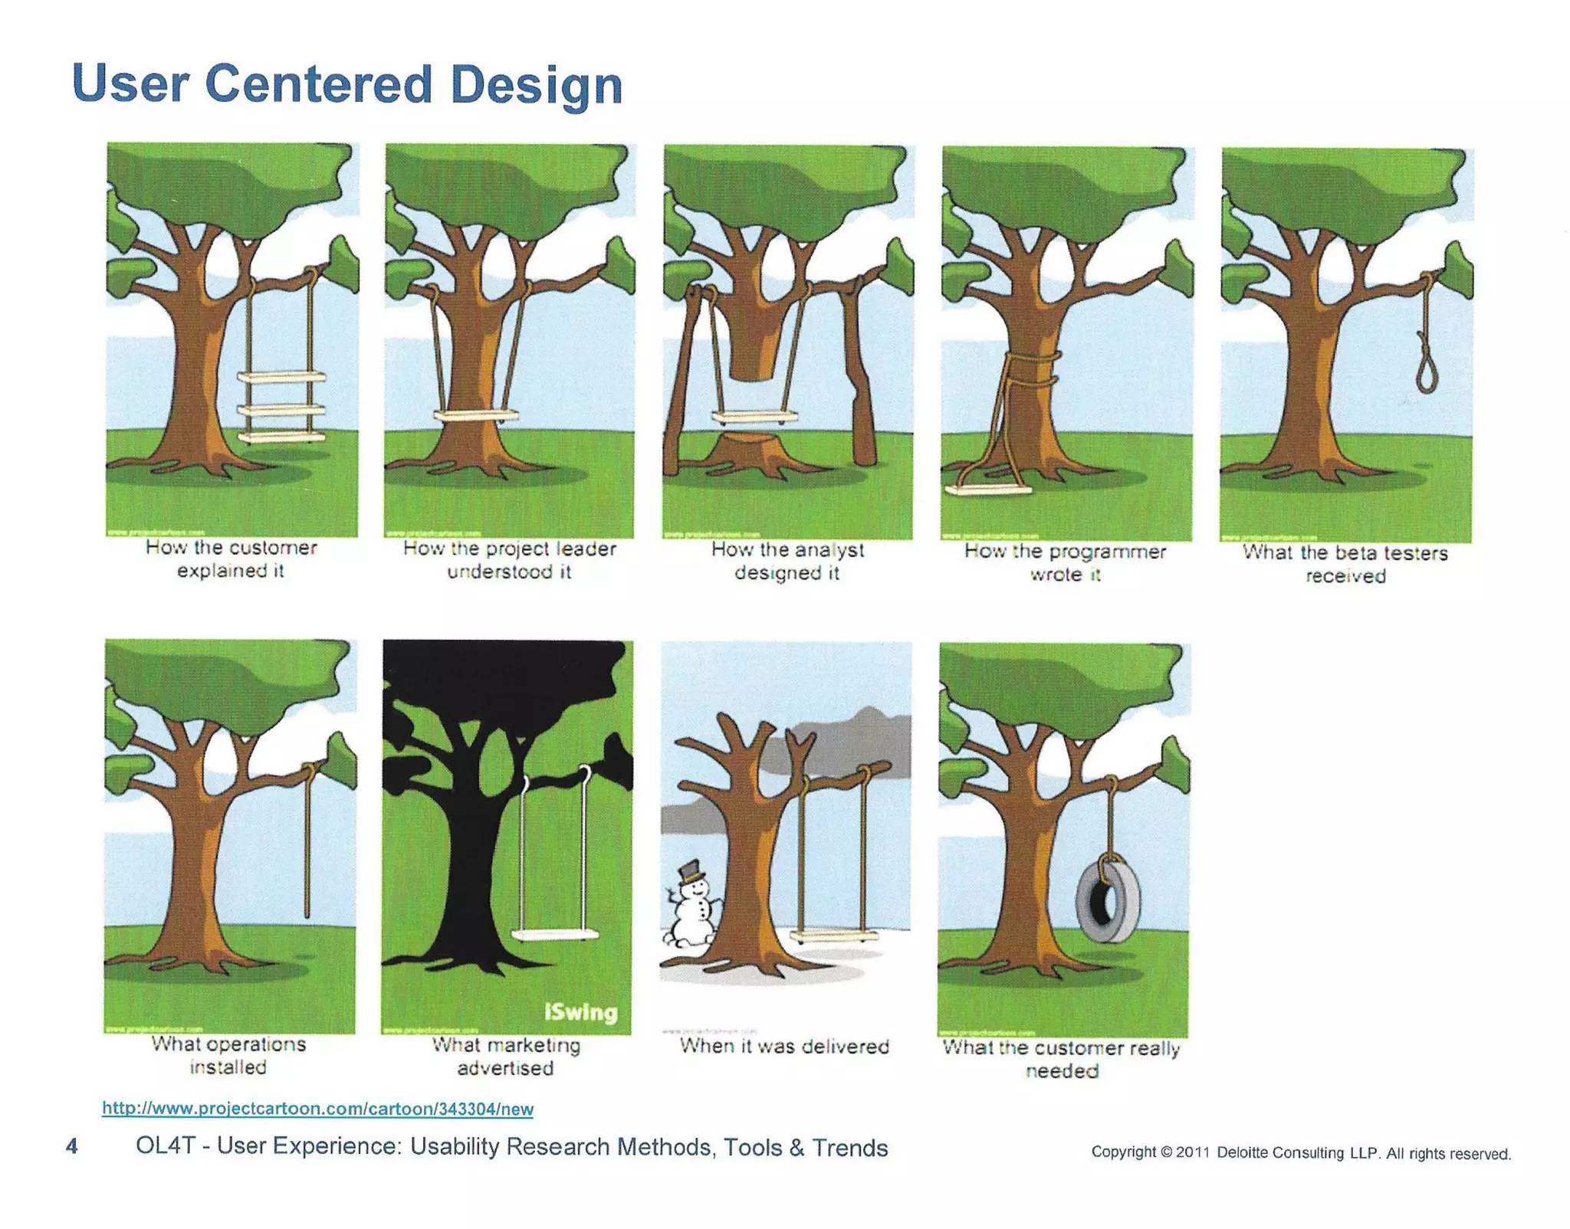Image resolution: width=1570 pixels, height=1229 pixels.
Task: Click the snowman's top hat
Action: (691, 870)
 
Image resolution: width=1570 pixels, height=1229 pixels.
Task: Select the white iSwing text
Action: (581, 1012)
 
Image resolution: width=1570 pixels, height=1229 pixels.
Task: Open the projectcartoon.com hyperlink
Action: (317, 1108)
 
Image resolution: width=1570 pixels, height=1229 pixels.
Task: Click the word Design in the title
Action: (537, 85)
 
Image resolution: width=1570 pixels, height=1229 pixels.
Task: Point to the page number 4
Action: (72, 1146)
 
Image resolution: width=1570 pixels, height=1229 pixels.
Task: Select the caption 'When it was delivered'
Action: (784, 1047)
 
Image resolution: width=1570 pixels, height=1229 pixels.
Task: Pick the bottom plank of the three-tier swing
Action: (281, 437)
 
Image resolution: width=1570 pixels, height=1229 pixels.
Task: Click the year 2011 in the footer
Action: (1193, 1152)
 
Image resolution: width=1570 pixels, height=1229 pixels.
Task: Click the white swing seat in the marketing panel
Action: (555, 935)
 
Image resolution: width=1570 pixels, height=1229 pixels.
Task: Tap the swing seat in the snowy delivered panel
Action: (834, 935)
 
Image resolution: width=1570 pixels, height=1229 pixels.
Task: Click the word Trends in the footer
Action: (849, 1147)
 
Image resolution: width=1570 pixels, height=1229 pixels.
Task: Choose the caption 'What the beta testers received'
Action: (1345, 564)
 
